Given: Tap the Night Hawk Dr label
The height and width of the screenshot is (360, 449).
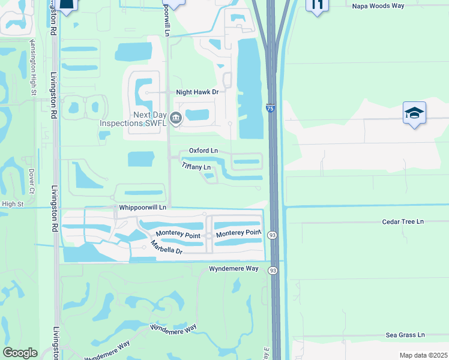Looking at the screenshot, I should point(197,92).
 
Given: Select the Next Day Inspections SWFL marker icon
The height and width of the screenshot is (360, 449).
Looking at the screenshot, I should point(176,118).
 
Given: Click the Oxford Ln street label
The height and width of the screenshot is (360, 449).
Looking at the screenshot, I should point(203,151).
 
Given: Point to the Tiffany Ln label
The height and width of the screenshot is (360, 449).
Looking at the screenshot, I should point(196,167).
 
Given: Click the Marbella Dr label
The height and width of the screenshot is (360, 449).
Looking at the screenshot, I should point(166,248).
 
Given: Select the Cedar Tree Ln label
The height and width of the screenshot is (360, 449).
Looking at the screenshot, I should point(403,221).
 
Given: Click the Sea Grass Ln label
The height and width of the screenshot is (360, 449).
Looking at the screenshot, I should point(405,335).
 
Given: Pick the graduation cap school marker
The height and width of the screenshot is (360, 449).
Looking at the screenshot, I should point(414,113).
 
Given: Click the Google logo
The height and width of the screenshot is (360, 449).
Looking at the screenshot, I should point(19,352).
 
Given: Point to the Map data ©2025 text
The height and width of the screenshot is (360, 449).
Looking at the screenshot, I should point(423,355).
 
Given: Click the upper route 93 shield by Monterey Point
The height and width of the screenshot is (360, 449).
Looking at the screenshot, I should point(273,235).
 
